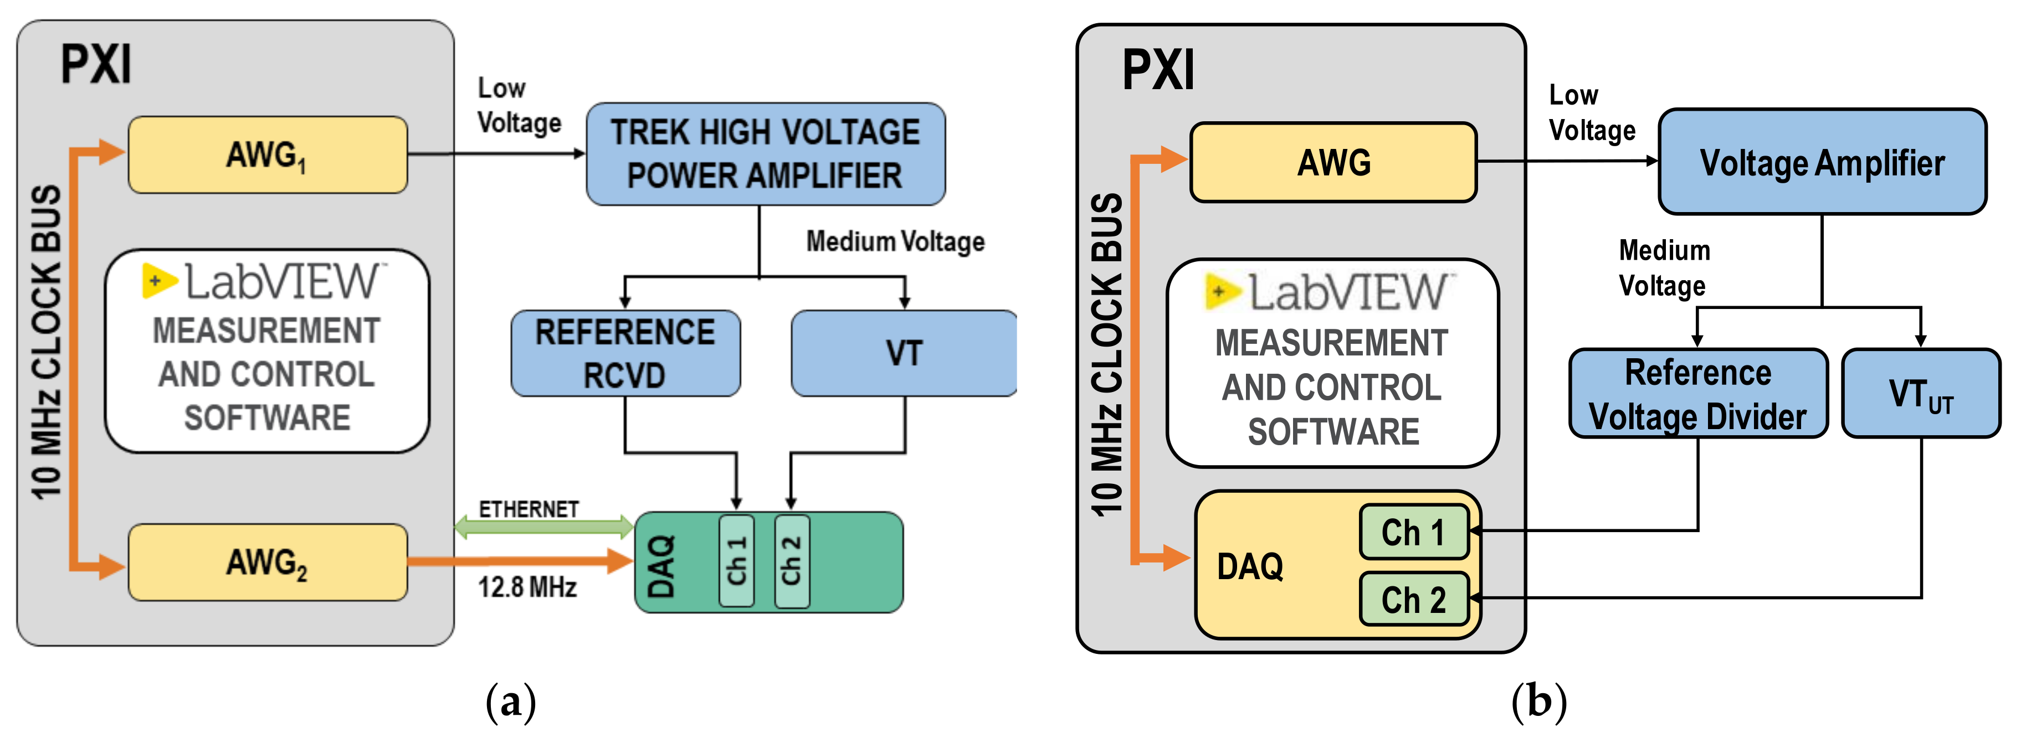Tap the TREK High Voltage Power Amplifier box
tap(765, 154)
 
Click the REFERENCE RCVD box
tap(625, 353)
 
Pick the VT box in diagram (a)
tap(904, 353)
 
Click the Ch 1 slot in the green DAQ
tap(736, 561)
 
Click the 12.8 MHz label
tap(527, 587)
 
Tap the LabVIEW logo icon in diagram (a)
tap(158, 281)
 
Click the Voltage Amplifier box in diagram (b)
tap(1822, 162)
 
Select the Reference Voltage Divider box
tap(1698, 394)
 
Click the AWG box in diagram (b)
tap(1333, 162)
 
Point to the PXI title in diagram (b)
tap(1158, 71)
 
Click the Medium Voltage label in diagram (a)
tap(895, 241)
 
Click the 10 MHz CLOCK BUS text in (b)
tap(1107, 353)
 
